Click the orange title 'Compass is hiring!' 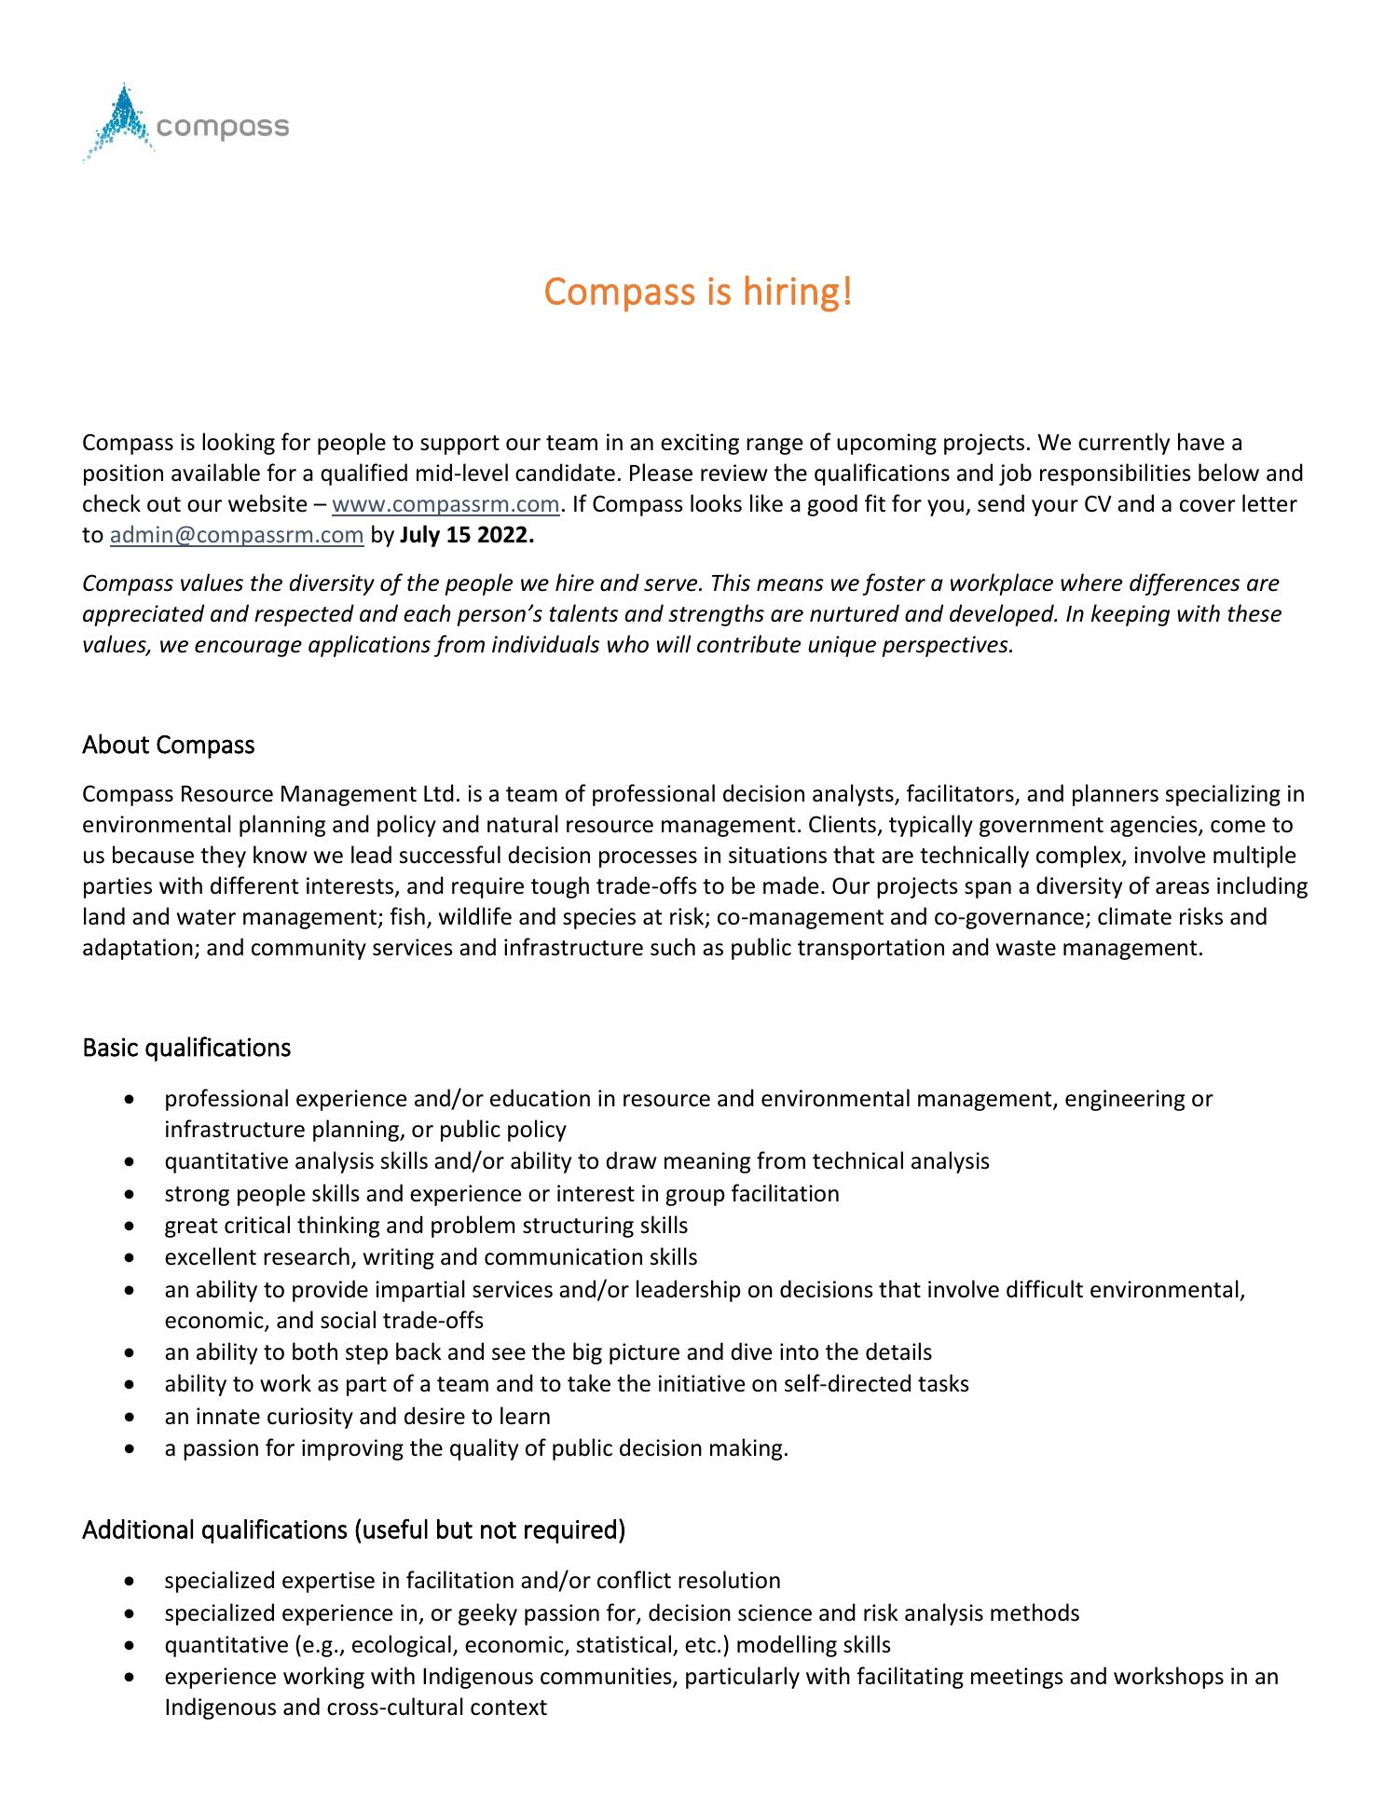click(x=698, y=292)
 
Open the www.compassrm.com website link click(x=445, y=505)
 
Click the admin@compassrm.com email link click(x=237, y=536)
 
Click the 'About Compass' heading click(x=168, y=745)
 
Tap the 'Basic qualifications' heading click(x=186, y=1048)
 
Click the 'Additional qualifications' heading click(x=353, y=1529)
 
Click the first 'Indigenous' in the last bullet click(x=478, y=1677)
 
